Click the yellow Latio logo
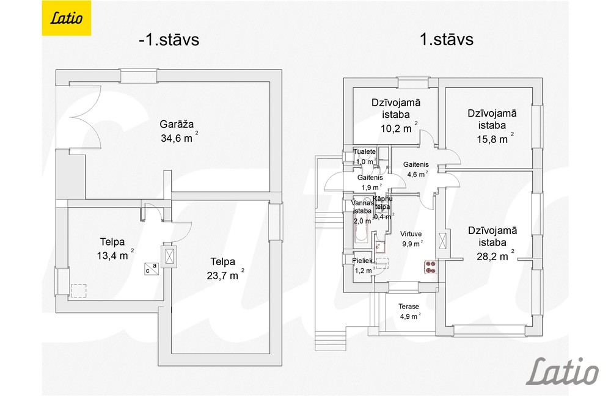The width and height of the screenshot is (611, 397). coord(66,18)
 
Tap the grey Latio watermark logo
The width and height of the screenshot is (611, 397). coord(563,371)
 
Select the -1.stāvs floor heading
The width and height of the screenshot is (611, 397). coord(169,40)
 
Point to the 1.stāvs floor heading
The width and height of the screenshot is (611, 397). coord(447,39)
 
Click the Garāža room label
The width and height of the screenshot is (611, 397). coord(177,124)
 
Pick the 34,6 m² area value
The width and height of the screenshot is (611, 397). coord(179,137)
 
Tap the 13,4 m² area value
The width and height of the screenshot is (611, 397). coord(115,255)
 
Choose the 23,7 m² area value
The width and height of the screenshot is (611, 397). coord(225,275)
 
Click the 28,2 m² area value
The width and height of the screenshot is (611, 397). coord(496,256)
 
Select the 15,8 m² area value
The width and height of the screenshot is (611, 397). coord(496,139)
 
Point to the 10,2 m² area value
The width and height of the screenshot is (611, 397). coord(399,128)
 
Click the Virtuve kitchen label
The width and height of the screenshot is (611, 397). coord(411,234)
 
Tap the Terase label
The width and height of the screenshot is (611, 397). coord(408,307)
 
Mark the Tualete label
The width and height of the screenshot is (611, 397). coord(364,151)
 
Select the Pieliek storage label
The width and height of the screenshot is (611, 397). coord(362,261)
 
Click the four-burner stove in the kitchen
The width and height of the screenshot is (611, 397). coord(430,268)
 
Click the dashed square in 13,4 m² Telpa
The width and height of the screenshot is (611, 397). coord(79,291)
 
